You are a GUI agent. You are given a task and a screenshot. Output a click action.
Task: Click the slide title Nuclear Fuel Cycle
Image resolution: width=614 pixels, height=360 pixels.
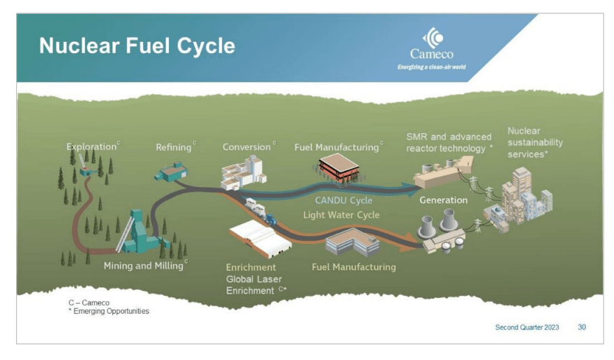(x=137, y=47)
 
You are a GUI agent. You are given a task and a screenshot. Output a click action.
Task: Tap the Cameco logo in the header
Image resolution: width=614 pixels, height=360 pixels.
(x=431, y=49)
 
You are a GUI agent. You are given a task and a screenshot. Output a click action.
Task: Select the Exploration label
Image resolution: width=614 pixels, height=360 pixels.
(x=91, y=147)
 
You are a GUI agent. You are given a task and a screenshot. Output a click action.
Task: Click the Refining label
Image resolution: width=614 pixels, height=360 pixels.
(x=174, y=147)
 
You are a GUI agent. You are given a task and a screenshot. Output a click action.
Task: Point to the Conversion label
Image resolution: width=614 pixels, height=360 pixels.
(x=246, y=147)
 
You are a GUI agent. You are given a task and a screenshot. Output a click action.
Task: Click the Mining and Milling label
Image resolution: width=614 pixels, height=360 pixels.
(x=144, y=266)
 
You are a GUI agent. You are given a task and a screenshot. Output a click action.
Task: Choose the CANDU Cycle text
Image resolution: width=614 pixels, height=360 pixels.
(x=343, y=201)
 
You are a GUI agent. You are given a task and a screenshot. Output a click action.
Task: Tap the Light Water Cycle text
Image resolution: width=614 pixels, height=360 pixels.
(x=341, y=215)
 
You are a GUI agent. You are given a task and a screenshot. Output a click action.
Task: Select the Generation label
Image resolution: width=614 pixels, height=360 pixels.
(x=443, y=200)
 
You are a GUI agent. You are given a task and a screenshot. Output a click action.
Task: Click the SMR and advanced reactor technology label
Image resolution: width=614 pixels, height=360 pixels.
(x=449, y=142)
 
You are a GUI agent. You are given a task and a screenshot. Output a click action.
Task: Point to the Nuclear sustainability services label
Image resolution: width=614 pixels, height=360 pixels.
(x=534, y=142)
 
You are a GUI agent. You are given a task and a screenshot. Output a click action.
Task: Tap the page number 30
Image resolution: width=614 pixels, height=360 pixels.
(x=581, y=327)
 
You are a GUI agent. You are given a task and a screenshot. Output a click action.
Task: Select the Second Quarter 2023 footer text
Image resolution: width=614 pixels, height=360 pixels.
(x=527, y=327)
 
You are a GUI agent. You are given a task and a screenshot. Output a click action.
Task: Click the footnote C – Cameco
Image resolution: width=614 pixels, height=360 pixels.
(x=88, y=303)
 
